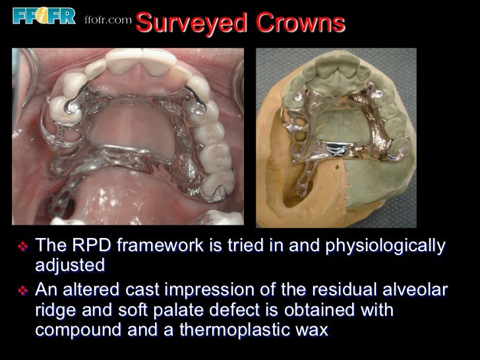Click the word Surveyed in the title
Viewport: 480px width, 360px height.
(x=187, y=24)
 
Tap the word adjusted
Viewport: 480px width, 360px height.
(x=70, y=267)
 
